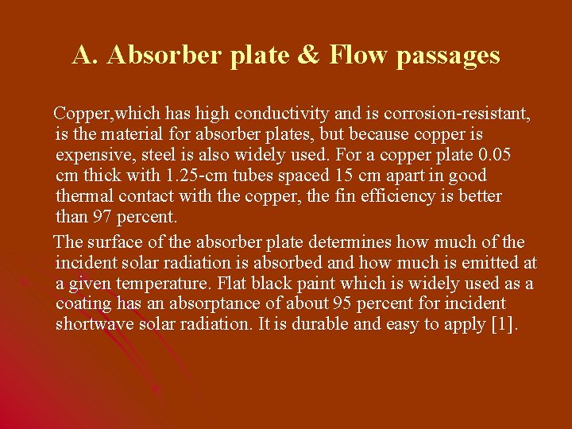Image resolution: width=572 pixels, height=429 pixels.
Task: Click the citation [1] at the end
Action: tap(504, 324)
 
